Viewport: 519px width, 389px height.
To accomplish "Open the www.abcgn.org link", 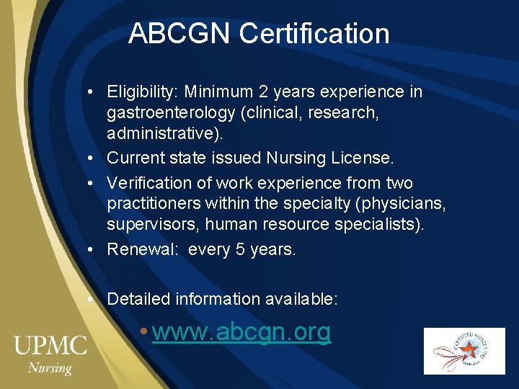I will pos(241,332).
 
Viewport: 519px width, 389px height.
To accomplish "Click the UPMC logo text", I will pos(50,345).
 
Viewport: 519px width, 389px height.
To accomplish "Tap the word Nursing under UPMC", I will pos(50,367).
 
